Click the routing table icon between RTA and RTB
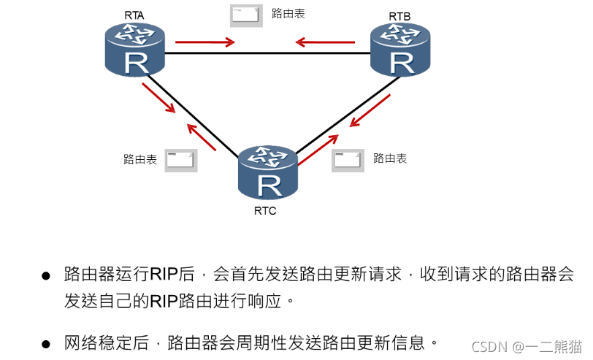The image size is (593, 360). pos(245,15)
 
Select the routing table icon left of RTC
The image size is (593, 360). pos(180,160)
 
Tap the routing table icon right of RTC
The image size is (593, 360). pos(348,160)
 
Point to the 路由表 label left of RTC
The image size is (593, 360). pos(139,158)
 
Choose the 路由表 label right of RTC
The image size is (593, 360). pos(389,158)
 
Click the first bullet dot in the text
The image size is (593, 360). pos(45,276)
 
